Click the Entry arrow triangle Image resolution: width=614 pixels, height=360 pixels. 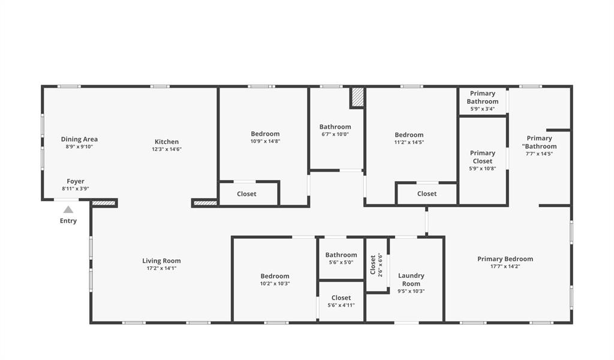point(68,209)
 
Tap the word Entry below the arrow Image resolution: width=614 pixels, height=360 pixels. point(68,221)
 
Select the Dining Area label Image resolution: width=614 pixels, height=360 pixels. point(79,139)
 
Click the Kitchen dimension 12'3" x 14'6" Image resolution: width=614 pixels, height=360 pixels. point(167,149)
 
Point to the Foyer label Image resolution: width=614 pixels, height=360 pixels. point(76,181)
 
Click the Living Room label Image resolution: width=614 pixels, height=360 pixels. point(161,260)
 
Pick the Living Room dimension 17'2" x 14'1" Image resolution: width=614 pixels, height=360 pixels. point(161,268)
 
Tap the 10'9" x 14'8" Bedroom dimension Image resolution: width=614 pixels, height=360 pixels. point(265,142)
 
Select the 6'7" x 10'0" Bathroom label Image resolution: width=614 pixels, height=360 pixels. point(335,127)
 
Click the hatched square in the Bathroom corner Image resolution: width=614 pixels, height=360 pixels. point(357,97)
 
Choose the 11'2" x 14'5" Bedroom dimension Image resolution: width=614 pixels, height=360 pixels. point(409,143)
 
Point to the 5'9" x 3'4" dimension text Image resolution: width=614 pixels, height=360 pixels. point(483,109)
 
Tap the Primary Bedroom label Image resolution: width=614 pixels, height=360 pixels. point(505,259)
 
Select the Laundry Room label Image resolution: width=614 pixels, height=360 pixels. point(411,280)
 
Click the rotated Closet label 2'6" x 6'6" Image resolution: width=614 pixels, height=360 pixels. point(373,264)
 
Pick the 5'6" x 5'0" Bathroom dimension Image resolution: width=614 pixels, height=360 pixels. point(341,263)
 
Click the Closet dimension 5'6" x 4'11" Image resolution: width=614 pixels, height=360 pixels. point(341,305)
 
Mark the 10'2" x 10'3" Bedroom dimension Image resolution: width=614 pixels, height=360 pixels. point(275,284)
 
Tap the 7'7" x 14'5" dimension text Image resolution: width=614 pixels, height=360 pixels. point(539,154)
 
